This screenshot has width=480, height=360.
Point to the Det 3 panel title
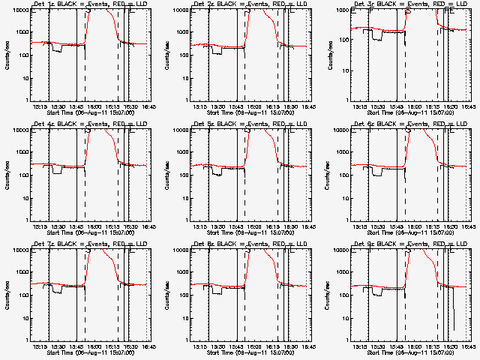[412, 4]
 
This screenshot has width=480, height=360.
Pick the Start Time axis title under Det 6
[412, 232]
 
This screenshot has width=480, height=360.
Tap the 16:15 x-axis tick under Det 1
[113, 106]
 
